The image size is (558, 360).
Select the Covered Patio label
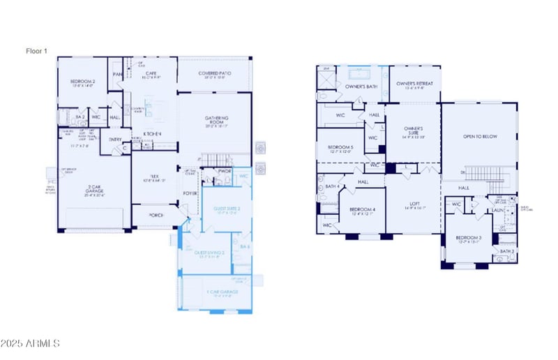(x=215, y=73)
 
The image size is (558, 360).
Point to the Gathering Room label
(x=216, y=118)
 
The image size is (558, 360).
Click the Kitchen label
(x=153, y=134)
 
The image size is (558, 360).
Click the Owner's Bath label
(x=361, y=86)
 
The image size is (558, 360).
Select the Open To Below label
(x=480, y=137)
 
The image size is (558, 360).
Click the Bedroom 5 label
(x=340, y=147)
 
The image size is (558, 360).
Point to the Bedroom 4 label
(x=363, y=210)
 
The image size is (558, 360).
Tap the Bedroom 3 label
(x=469, y=239)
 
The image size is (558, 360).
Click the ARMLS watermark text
(x=31, y=343)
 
